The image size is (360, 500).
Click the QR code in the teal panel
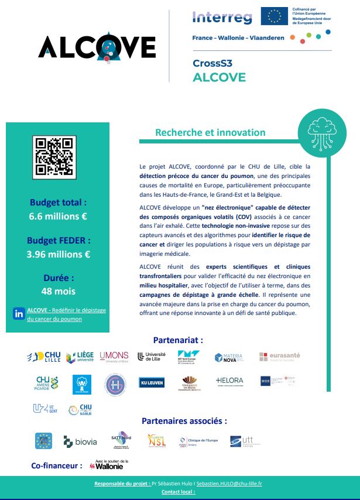pyautogui.click(x=54, y=157)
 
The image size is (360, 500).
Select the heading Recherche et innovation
pyautogui.click(x=210, y=133)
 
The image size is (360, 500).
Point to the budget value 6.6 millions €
pyautogui.click(x=58, y=217)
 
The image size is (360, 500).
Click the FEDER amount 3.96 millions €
pyautogui.click(x=58, y=254)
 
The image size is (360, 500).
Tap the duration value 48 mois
pyautogui.click(x=58, y=291)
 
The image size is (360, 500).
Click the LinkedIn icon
pyautogui.click(x=18, y=314)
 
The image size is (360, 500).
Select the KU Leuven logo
pyautogui.click(x=152, y=382)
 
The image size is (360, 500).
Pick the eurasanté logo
pyautogui.click(x=279, y=357)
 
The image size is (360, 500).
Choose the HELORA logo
pyautogui.click(x=229, y=381)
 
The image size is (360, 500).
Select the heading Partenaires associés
pyautogui.click(x=184, y=420)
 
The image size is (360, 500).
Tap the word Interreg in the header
pyautogui.click(x=222, y=18)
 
